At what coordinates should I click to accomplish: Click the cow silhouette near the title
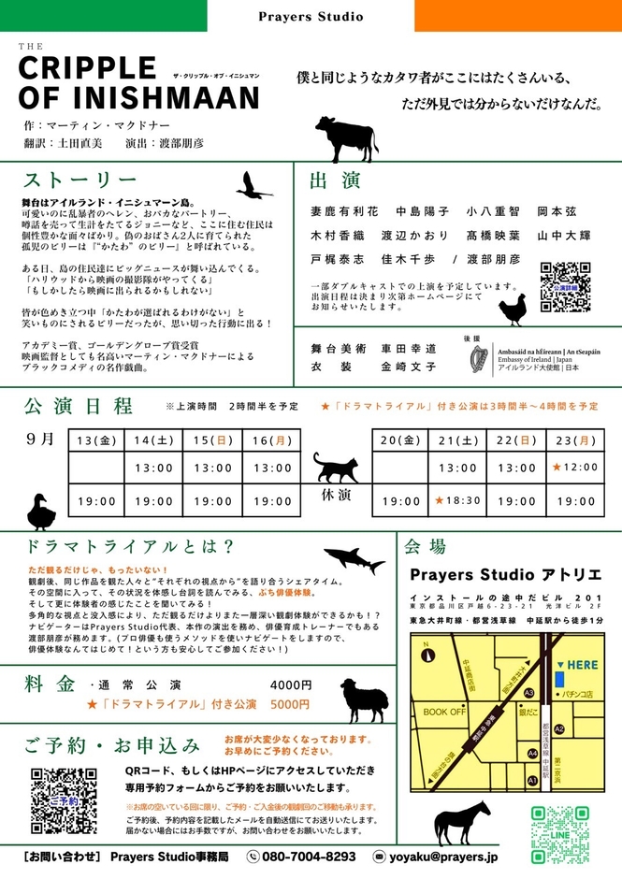pyautogui.click(x=346, y=138)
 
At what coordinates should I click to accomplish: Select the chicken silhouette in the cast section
pyautogui.click(x=513, y=307)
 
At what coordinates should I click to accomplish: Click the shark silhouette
pyautogui.click(x=354, y=560)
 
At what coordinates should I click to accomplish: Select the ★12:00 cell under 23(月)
pyautogui.click(x=572, y=467)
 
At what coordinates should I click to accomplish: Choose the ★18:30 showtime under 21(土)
pyautogui.click(x=457, y=501)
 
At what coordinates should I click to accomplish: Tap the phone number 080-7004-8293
pyautogui.click(x=309, y=856)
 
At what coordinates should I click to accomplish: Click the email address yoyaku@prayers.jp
pyautogui.click(x=443, y=856)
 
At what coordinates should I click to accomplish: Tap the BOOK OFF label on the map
pyautogui.click(x=444, y=712)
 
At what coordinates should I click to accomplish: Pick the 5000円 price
pyautogui.click(x=290, y=704)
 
